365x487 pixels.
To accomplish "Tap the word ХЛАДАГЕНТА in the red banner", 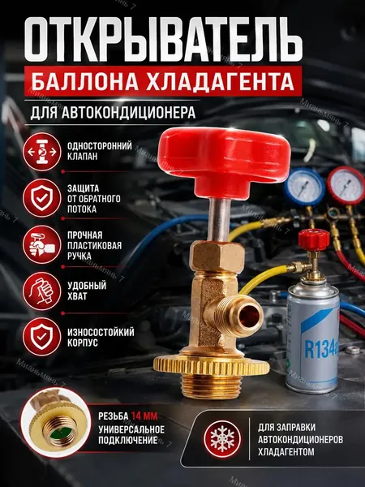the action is point(220,81).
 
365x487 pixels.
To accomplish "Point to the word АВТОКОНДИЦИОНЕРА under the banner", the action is point(128,113).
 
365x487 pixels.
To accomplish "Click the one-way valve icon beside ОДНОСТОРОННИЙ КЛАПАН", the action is point(42,152).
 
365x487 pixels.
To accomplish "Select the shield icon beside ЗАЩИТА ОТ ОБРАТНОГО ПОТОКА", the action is point(42,198).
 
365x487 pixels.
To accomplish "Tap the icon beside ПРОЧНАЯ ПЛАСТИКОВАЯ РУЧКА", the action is point(42,245).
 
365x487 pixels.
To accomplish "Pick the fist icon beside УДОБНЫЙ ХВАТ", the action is point(42,291).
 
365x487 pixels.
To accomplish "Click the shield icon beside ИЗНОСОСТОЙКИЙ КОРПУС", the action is point(42,337).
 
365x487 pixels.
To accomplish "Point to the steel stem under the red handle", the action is point(219,220).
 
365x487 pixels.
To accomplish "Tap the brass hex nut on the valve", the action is point(217,256).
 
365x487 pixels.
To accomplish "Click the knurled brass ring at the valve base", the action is point(211,365).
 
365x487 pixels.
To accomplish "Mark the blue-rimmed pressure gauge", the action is point(304,187).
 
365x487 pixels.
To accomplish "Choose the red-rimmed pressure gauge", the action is point(346,185).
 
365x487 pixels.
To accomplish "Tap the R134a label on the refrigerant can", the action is point(320,349).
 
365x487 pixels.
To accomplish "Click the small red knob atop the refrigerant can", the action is point(314,239).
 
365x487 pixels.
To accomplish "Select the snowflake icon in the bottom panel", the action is point(222,439).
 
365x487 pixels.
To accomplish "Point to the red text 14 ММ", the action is point(144,416).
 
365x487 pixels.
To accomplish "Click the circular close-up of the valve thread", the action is point(56,423).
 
